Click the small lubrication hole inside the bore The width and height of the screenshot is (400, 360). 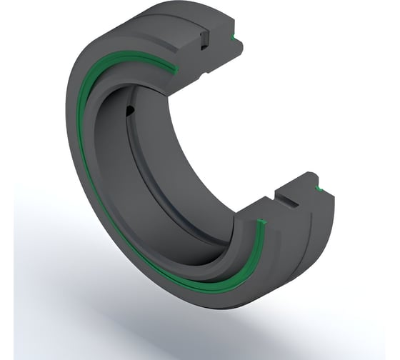pos(129,109)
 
